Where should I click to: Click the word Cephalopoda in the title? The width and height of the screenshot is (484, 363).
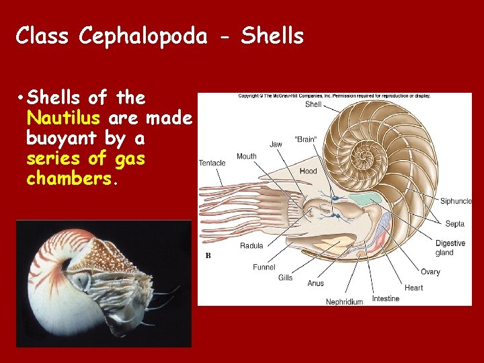pos(143,36)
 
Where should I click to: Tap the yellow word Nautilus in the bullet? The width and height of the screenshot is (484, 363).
pos(63,119)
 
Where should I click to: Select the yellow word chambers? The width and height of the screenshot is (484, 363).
pos(71,179)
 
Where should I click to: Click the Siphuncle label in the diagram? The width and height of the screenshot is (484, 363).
pos(456,201)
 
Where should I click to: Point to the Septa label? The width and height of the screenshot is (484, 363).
pos(454,223)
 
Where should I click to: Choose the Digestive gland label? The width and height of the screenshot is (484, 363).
pos(450,248)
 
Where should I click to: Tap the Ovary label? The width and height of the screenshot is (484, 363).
pos(430,272)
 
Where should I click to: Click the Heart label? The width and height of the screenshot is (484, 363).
pos(414,288)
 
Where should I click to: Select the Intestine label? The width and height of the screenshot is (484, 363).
pos(386,298)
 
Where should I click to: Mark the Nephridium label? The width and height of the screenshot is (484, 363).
pos(344,302)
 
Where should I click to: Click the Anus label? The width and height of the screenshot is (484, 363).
pos(315,283)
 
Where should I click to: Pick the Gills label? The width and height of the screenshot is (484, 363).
pos(285,278)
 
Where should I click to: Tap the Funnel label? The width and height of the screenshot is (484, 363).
pos(264,267)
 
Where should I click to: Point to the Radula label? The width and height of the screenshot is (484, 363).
pos(251,245)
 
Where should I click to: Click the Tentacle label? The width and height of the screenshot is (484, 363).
pos(212,163)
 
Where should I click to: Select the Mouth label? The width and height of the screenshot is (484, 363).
pos(246,156)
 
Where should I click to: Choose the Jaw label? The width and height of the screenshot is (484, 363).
pos(276,144)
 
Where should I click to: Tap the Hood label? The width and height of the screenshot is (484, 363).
pos(308,171)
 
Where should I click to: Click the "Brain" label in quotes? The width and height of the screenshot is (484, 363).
pos(306,139)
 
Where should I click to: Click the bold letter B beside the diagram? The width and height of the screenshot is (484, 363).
pos(208,255)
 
